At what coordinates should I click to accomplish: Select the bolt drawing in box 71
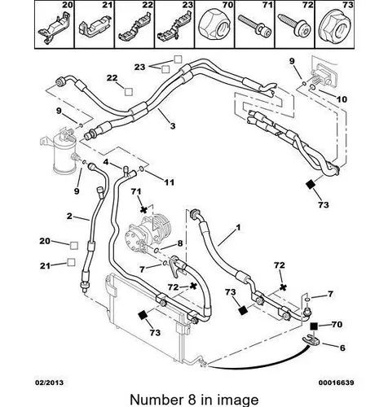coord(254,26)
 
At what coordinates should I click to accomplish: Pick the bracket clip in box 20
coord(54,28)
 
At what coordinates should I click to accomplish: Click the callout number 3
coord(173,126)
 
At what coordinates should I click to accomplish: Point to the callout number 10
coord(342,99)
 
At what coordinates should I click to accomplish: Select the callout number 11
coord(169,182)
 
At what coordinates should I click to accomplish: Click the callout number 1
coord(238,227)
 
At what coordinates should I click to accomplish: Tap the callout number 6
coord(342,348)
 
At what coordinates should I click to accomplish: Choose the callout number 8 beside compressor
coord(180,243)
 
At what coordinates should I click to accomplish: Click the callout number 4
coord(106,162)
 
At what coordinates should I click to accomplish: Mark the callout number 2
coord(69,216)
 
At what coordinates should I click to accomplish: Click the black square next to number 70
coord(315,326)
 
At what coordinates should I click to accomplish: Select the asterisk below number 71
coord(143,209)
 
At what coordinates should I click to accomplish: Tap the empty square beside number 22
coord(129,92)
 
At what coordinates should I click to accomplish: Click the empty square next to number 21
coord(71,262)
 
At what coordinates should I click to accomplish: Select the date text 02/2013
coord(49,383)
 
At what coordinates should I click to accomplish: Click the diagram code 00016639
coord(336,383)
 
